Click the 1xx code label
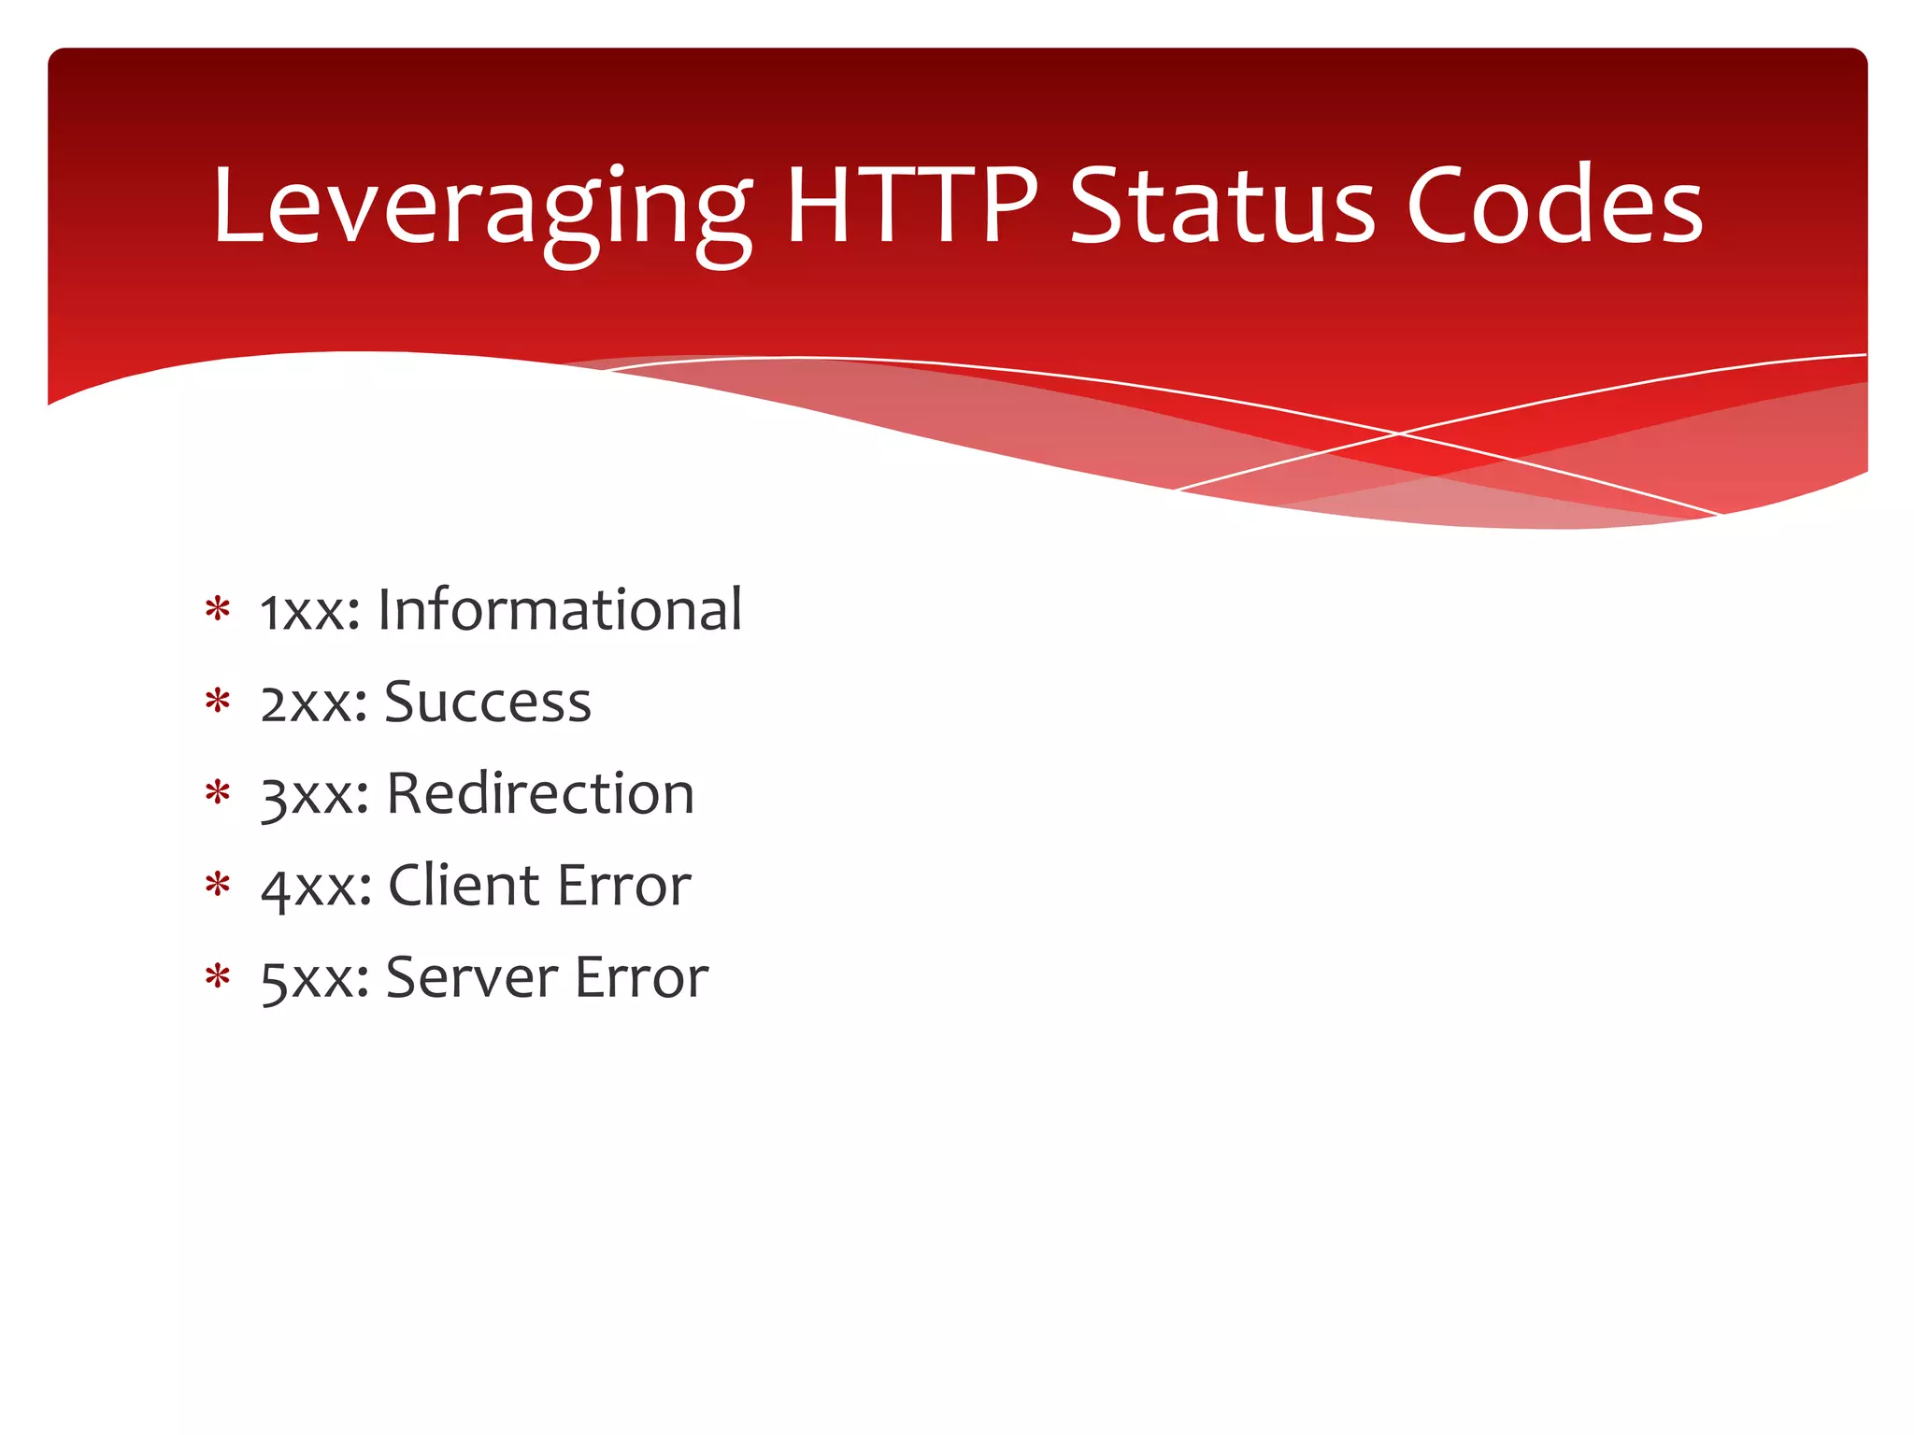(x=309, y=612)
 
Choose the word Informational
(x=560, y=609)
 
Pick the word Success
(x=487, y=702)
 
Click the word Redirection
(x=540, y=794)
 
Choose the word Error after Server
(x=641, y=977)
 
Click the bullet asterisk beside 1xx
(x=218, y=609)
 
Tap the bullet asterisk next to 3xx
(x=218, y=793)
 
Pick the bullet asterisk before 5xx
(x=218, y=976)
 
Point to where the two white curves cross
(x=1399, y=433)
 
